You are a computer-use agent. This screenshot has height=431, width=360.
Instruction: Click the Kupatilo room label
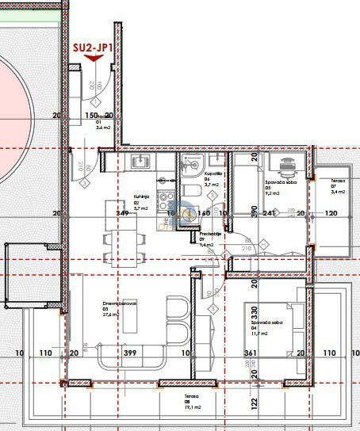click(213, 174)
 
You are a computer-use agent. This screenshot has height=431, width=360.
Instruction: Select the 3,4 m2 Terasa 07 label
click(337, 191)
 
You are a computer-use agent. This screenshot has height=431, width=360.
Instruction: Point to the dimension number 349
click(122, 213)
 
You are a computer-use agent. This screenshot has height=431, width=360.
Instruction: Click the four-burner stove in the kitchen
click(166, 199)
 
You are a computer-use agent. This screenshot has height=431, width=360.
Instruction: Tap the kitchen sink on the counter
click(138, 162)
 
